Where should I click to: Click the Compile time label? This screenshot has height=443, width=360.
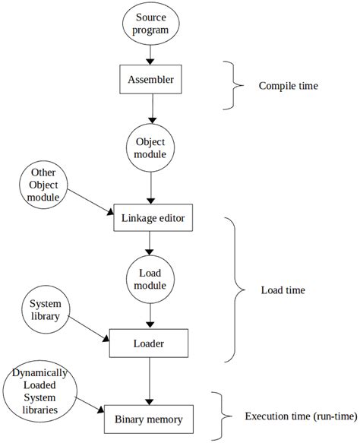coord(289,86)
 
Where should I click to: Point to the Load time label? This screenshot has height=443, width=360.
coord(283,290)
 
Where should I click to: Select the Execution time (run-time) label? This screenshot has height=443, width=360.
coord(301,416)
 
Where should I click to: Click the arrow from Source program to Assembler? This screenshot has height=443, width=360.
coord(150,55)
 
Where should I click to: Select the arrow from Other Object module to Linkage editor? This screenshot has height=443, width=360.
coord(90,202)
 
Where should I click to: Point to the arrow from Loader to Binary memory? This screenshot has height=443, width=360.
coord(150,381)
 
